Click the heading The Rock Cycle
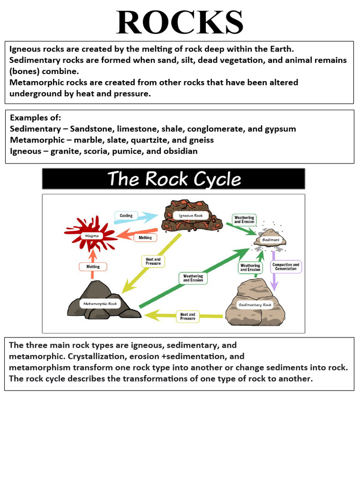[174, 179]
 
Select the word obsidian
[180, 151]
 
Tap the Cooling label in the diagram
[126, 216]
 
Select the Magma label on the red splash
[92, 236]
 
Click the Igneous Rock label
[191, 215]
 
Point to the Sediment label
[270, 240]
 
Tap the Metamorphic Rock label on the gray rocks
[99, 303]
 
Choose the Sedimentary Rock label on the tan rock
[255, 305]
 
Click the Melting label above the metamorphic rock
[93, 267]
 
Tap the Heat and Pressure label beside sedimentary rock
[187, 316]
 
